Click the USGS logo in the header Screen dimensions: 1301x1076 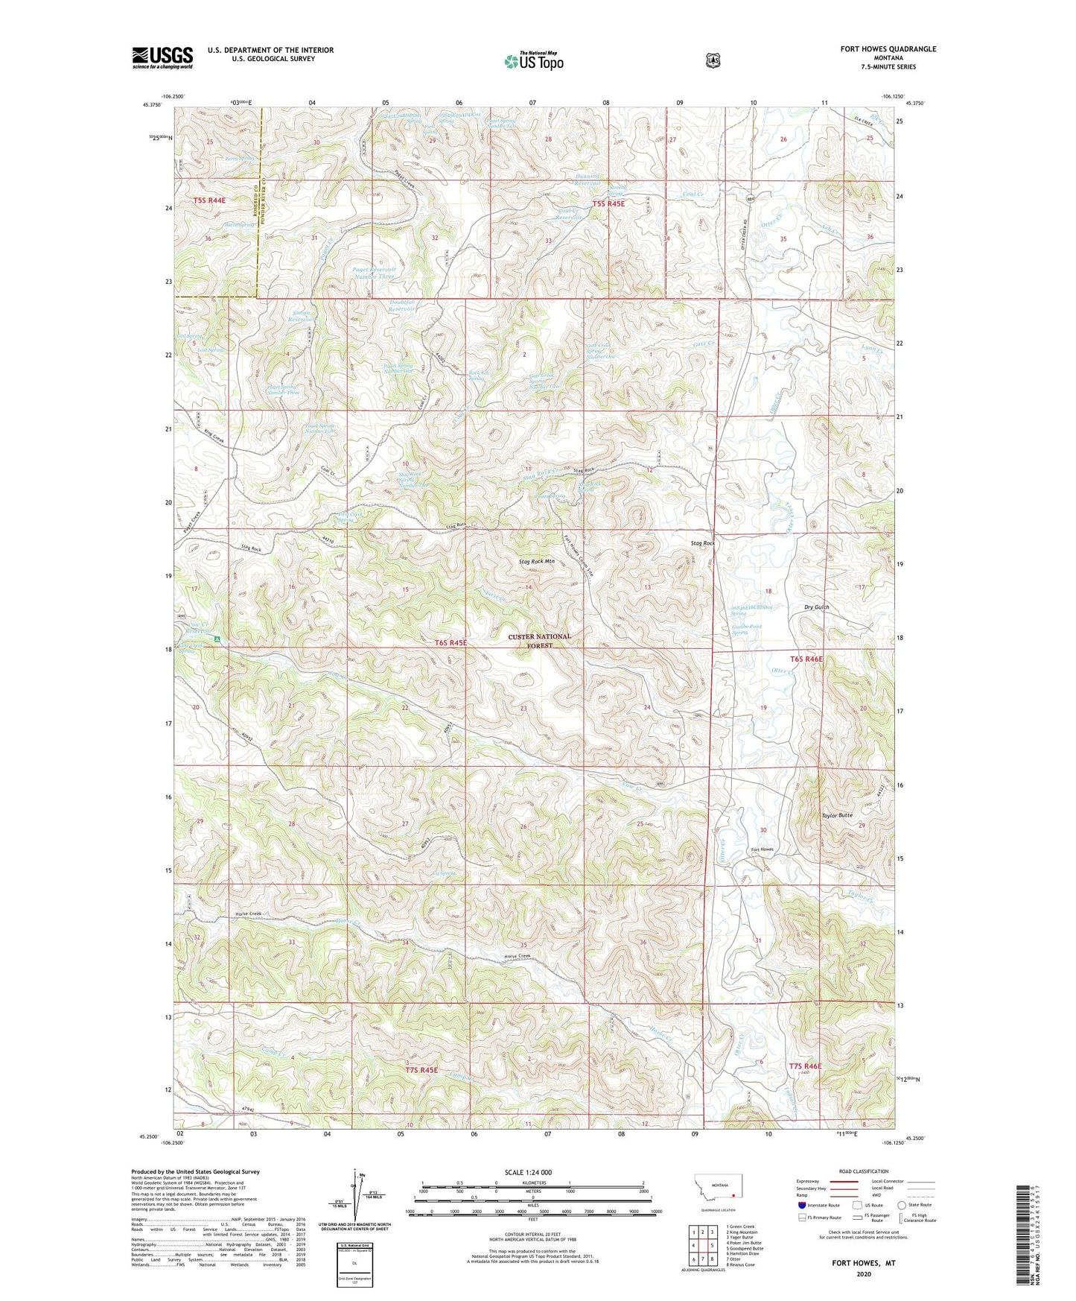(x=162, y=57)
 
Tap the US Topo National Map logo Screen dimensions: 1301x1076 (x=532, y=61)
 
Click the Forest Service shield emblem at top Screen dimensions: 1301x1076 (x=713, y=60)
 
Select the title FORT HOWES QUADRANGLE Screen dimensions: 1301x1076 (x=888, y=49)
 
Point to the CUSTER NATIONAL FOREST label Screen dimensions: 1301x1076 (x=540, y=641)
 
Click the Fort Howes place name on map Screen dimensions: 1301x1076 (x=762, y=849)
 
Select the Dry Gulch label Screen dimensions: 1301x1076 (x=816, y=607)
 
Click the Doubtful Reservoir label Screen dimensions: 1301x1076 (x=402, y=306)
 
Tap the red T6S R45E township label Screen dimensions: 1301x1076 (x=451, y=642)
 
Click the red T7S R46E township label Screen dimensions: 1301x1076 (x=806, y=1066)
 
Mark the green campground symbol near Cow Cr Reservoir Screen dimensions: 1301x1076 (x=217, y=639)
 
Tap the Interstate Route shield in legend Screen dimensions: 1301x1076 (x=801, y=1204)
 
